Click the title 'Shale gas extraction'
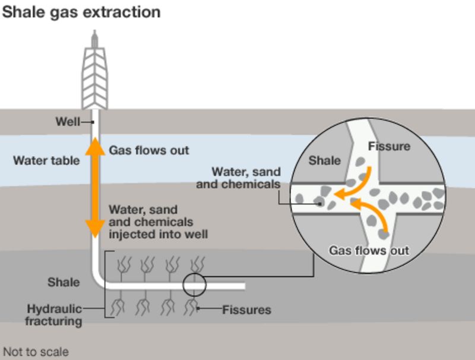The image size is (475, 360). tap(81, 12)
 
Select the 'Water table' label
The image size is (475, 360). tap(46, 160)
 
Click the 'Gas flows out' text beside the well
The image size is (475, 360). tap(148, 150)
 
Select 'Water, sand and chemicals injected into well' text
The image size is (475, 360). tap(157, 222)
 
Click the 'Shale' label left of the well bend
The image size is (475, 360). tap(64, 282)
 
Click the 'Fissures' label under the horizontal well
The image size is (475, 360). tap(246, 310)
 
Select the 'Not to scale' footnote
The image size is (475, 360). tap(36, 352)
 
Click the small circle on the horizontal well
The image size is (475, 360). tap(194, 286)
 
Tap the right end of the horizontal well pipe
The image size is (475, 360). tap(242, 286)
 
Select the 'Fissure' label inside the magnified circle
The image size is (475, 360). tap(389, 146)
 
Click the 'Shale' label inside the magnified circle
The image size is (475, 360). tap(325, 160)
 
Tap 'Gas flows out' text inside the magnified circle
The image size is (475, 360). tap(369, 250)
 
